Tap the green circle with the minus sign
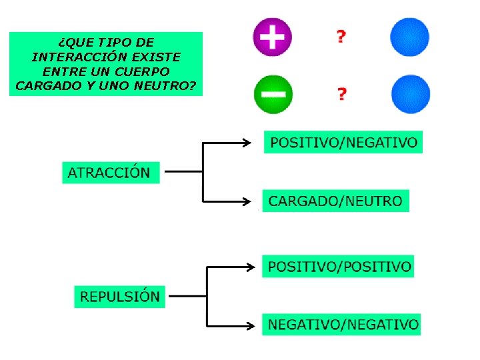coord(272,93)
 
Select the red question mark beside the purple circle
coord(341,37)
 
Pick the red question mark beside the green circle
coord(342,94)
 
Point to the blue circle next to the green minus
coord(410,94)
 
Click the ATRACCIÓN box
coord(111,172)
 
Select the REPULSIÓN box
coord(119,296)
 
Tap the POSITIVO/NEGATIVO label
coord(343,142)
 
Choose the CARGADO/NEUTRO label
coord(335,200)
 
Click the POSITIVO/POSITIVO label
coord(339,267)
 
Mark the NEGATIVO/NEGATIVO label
coord(343,325)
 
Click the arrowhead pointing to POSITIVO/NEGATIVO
coord(247,142)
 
